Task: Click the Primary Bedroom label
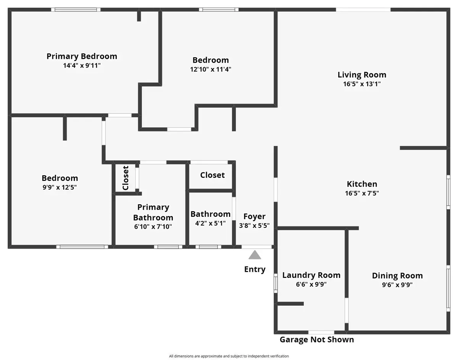[82, 57]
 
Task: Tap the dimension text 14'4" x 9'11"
[82, 66]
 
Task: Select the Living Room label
[362, 75]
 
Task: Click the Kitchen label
[362, 184]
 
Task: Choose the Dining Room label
[397, 276]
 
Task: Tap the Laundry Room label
[311, 275]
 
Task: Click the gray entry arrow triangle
[255, 255]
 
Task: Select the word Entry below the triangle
[255, 270]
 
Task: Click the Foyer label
[254, 217]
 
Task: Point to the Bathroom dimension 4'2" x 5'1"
[210, 223]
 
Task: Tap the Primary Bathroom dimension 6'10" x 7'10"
[153, 226]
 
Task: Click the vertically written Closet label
[126, 178]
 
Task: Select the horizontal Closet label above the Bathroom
[212, 175]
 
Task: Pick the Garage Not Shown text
[316, 340]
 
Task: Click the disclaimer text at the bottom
[229, 356]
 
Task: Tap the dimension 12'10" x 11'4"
[211, 69]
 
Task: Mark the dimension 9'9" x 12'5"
[60, 187]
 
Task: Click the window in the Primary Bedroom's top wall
[76, 10]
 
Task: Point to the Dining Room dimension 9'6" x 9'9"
[397, 285]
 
